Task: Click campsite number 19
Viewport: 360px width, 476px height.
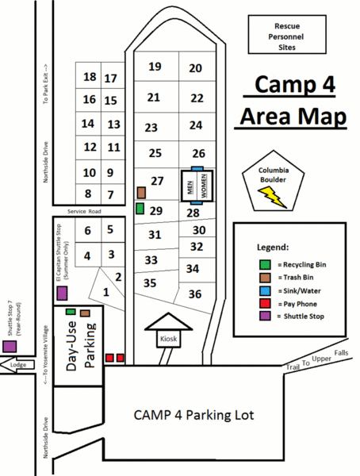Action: point(155,67)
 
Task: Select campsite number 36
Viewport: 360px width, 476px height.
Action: point(194,294)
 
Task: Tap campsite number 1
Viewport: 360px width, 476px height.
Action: point(105,292)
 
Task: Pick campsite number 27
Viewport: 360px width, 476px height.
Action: point(157,181)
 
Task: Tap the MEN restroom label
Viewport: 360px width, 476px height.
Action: point(190,186)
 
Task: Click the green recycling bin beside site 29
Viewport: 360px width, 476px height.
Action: point(140,209)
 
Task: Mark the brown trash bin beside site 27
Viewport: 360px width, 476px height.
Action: point(141,193)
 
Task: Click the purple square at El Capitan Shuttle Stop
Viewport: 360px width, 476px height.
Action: point(62,294)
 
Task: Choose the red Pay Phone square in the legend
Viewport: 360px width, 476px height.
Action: point(264,303)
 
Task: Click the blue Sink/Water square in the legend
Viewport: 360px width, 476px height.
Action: point(264,290)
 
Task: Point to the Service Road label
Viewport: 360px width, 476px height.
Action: point(86,211)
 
